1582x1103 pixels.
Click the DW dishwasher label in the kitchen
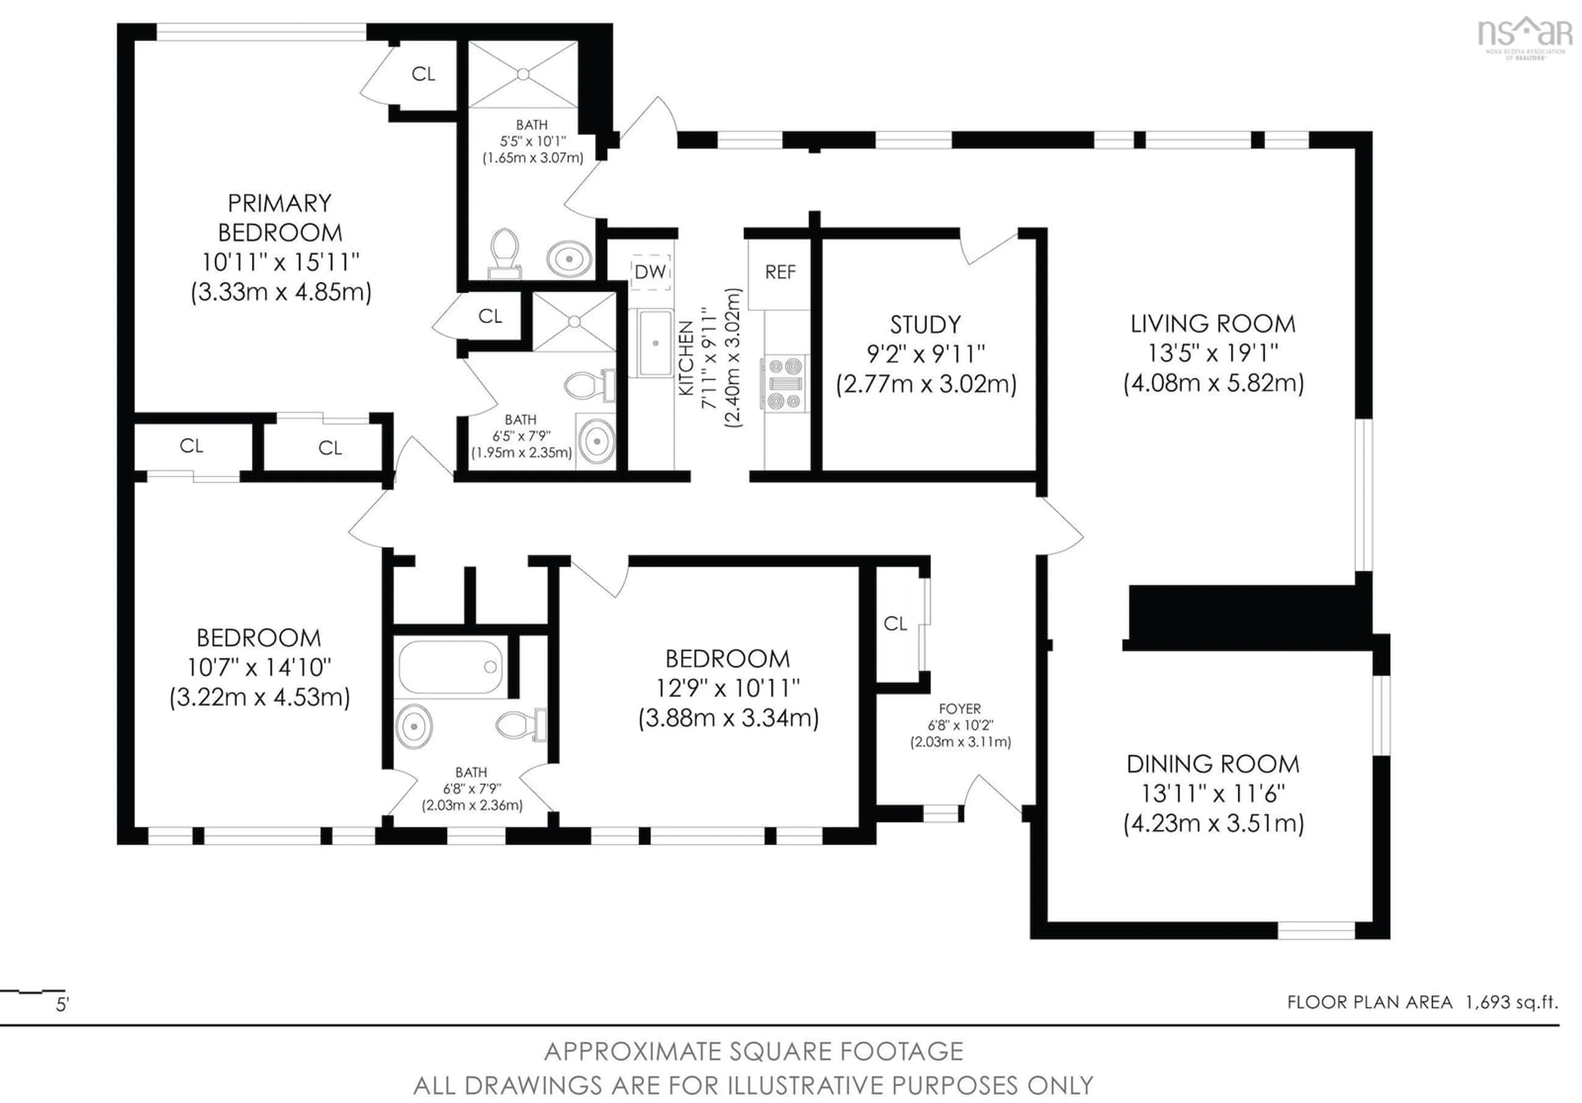tap(650, 272)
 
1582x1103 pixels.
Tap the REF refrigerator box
tap(780, 272)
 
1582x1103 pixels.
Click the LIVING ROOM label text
tap(1213, 323)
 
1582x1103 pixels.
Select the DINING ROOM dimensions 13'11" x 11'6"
tap(1213, 793)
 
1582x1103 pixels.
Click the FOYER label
tap(960, 709)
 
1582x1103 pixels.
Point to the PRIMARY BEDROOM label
tap(280, 218)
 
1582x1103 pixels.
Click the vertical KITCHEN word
tap(686, 359)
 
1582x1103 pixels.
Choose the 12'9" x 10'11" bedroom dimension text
tap(728, 688)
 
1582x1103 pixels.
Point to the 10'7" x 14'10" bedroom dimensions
tap(259, 667)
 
